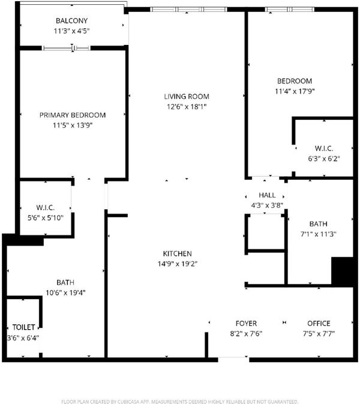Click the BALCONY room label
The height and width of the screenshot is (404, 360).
tap(71, 20)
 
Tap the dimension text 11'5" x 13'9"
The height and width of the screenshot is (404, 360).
tap(73, 125)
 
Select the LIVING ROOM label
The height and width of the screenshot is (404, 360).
tap(187, 97)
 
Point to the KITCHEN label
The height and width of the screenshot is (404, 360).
tap(178, 254)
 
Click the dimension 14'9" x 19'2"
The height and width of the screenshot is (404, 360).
tap(178, 264)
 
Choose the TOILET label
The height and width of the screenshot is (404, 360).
tap(24, 327)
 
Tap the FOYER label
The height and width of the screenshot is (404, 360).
tap(246, 323)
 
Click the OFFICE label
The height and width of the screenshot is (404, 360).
tap(319, 323)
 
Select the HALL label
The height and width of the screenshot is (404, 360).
tap(267, 195)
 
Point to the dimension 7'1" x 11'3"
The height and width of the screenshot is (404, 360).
tap(319, 234)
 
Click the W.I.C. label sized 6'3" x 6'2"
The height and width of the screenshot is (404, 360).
tap(324, 149)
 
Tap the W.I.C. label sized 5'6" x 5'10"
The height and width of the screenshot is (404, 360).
tap(46, 207)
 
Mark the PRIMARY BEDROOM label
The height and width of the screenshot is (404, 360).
tap(73, 115)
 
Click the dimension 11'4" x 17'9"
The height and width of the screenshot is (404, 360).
tap(295, 91)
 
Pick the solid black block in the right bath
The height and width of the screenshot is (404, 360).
tap(342, 272)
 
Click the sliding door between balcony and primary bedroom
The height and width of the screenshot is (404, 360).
tap(66, 48)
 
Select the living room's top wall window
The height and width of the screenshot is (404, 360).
tap(189, 10)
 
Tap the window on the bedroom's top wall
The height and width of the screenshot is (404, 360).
tap(290, 10)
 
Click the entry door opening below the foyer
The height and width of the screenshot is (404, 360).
tap(233, 358)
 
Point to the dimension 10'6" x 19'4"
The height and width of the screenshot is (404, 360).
tap(65, 293)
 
